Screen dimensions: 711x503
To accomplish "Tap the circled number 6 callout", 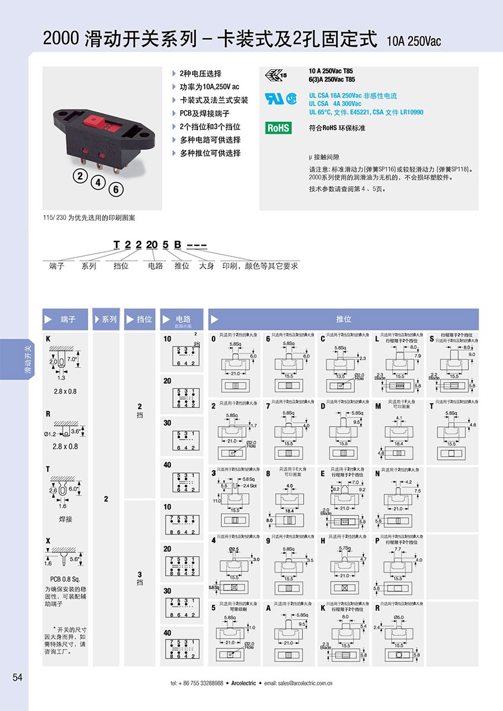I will (x=117, y=190).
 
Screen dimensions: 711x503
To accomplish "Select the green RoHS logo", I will (x=278, y=128).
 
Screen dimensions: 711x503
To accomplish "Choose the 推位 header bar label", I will (x=343, y=319).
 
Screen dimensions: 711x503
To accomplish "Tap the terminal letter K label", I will (x=48, y=339).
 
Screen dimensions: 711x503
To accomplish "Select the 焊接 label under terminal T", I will (x=65, y=519).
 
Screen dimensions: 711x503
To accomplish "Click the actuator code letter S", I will (x=431, y=338).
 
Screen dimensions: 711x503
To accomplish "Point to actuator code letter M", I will (x=378, y=406).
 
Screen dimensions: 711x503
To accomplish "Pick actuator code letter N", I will (x=377, y=474).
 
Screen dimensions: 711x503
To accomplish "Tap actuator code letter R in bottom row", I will (x=377, y=608).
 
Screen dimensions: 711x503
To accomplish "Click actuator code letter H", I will (x=323, y=541).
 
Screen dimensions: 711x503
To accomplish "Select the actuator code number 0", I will (x=213, y=338).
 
